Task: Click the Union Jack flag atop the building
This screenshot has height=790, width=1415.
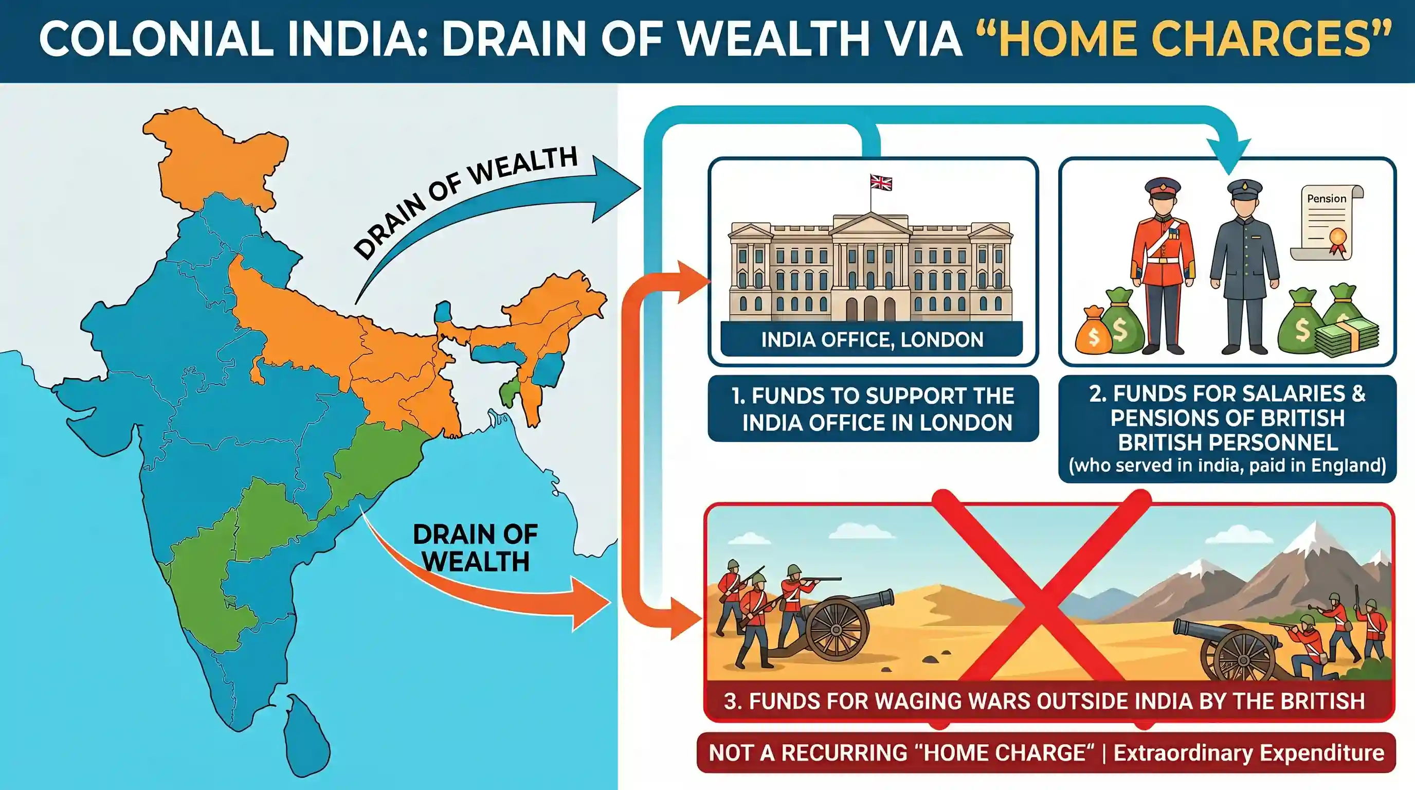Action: pos(881,183)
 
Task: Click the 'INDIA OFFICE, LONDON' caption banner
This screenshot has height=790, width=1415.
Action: pos(872,339)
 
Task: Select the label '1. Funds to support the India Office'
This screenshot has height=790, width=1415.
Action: pos(873,409)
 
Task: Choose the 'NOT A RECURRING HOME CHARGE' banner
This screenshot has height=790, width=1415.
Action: pos(1046,752)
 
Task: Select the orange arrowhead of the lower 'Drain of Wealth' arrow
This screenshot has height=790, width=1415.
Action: pos(590,603)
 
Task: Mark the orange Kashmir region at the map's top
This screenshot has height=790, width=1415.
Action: pos(214,156)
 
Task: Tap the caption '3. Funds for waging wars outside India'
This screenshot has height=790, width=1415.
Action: pos(1044,701)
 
